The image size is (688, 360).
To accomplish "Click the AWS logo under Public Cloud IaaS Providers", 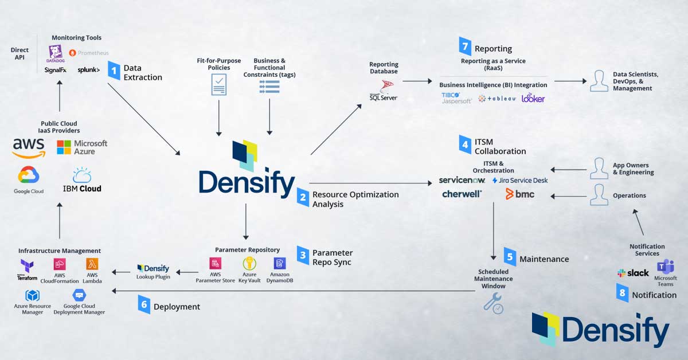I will point(29,147).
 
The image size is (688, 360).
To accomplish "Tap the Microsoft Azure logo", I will point(82,147).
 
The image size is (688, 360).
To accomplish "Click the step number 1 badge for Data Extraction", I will point(114,72).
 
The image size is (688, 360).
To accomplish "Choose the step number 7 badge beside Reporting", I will point(465,46).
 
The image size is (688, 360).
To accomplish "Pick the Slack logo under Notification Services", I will point(633,273).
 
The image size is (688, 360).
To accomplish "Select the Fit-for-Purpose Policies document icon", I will point(218,85).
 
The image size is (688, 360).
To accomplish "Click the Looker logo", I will point(533,98).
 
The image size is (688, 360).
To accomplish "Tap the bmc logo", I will point(519,194).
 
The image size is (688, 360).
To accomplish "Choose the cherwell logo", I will point(462,194).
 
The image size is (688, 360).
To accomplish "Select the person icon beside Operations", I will point(599,195).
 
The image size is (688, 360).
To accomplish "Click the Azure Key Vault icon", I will point(249,264).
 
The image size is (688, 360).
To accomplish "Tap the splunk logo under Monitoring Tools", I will point(88,70).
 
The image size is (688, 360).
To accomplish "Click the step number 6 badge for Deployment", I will point(144,303).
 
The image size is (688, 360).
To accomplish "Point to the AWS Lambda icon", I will point(92,264).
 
